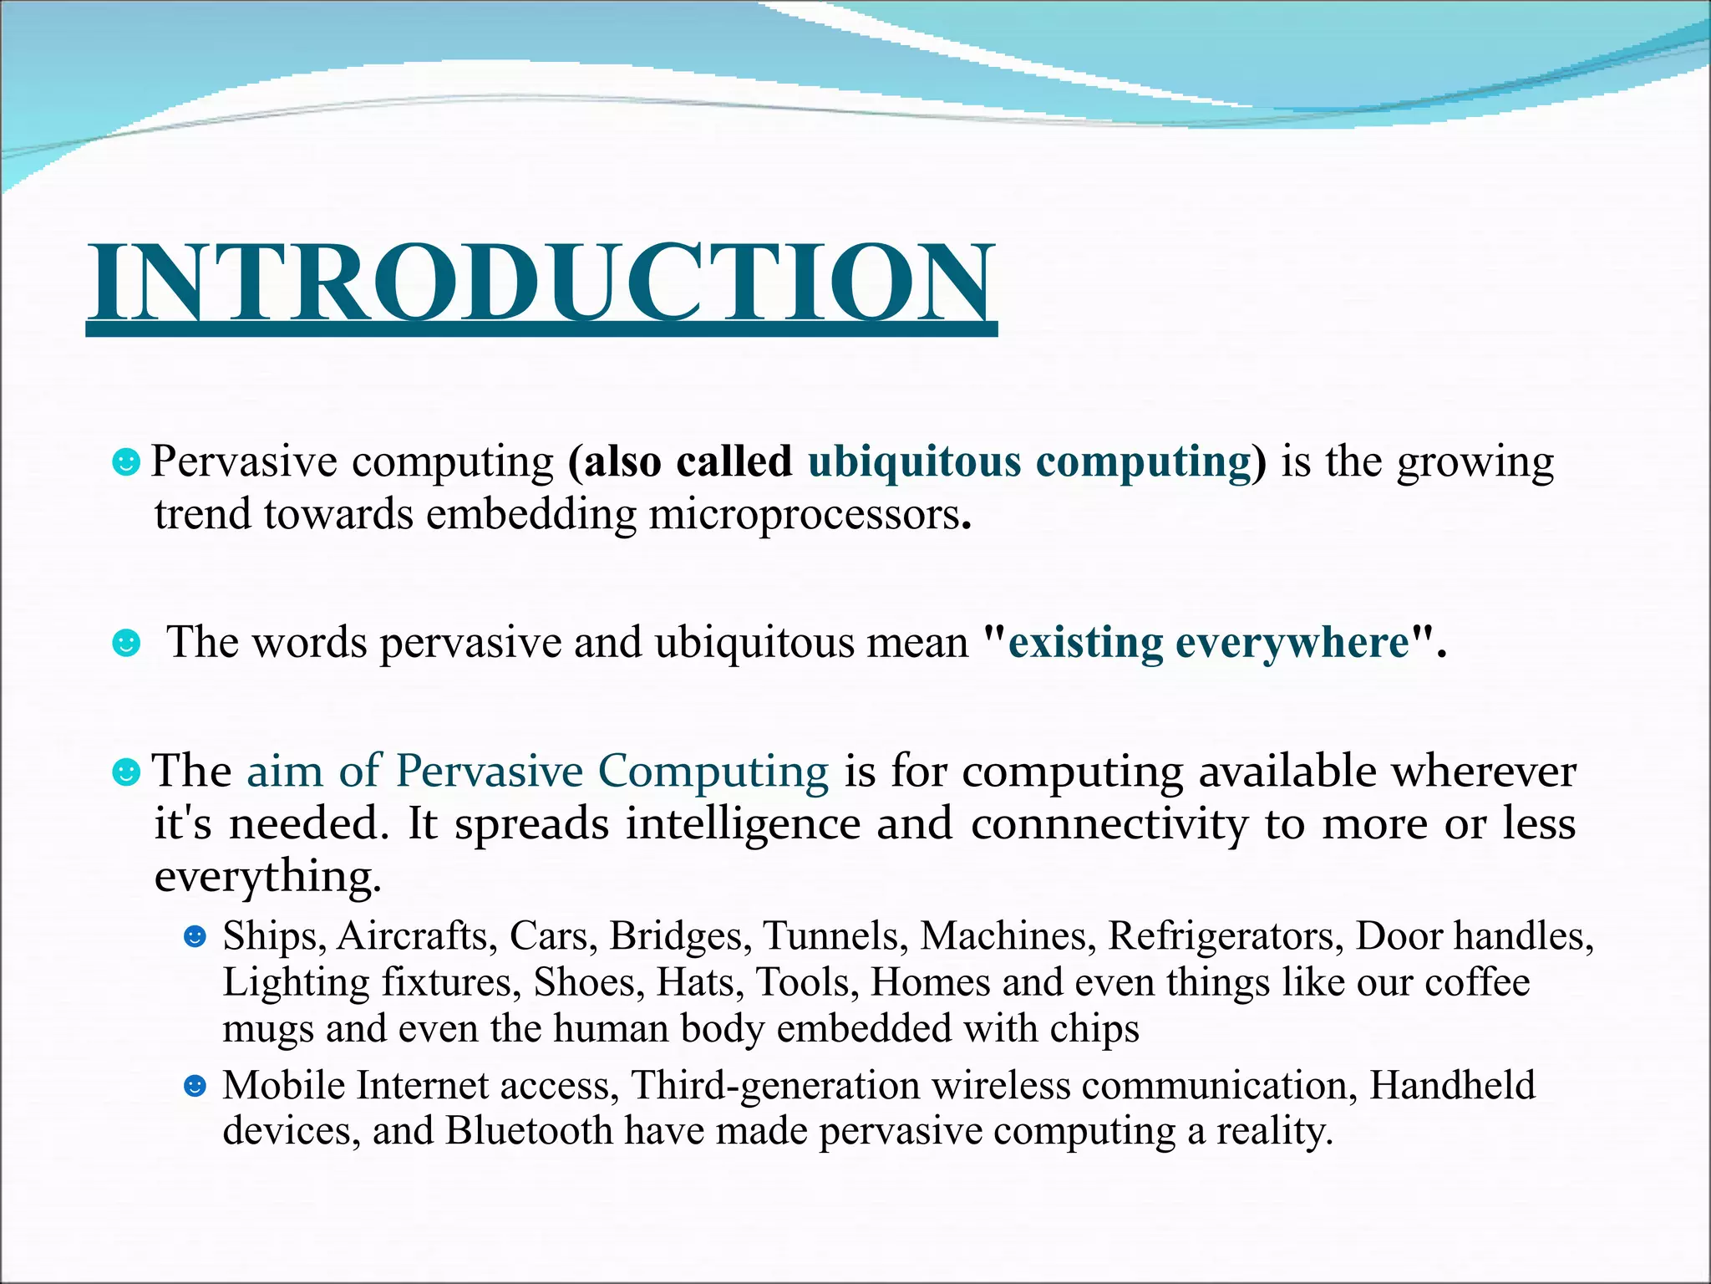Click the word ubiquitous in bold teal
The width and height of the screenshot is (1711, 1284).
point(914,461)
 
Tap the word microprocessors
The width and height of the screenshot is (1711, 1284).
point(805,514)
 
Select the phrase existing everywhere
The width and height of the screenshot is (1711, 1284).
point(1210,643)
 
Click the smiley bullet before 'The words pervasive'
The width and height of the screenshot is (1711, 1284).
point(126,643)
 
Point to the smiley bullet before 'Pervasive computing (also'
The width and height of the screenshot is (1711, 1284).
point(126,461)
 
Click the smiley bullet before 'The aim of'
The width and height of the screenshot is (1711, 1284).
point(126,771)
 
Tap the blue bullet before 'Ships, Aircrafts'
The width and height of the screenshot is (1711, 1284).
point(195,936)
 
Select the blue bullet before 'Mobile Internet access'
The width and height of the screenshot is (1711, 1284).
point(195,1086)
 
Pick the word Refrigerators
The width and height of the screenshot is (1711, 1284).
point(1226,936)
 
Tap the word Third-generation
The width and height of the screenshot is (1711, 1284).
point(775,1086)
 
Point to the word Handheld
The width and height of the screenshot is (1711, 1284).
point(1452,1086)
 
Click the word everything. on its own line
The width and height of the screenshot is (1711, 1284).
point(267,878)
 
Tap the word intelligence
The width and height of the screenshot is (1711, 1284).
point(743,824)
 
